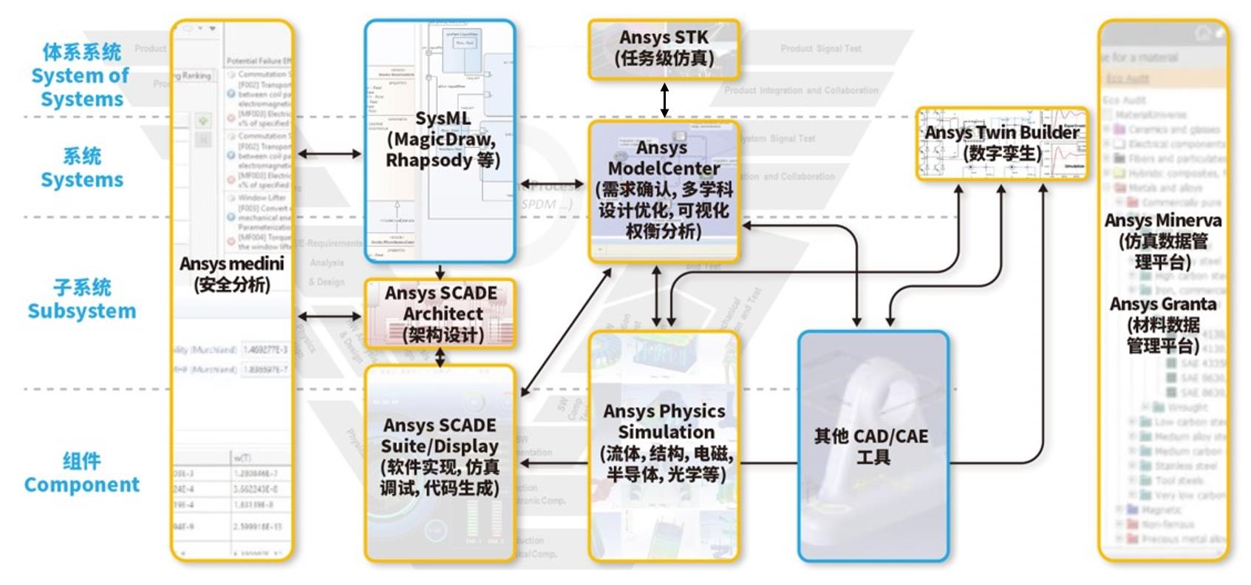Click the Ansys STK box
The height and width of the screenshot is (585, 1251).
[x=664, y=49]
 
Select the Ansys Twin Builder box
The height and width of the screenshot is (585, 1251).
[x=1001, y=143]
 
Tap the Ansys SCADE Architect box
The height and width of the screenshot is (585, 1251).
[x=440, y=314]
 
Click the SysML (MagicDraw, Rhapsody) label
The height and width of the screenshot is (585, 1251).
[x=442, y=140]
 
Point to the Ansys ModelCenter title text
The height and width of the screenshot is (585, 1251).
[x=663, y=158]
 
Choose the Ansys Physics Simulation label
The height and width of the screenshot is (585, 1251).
[x=664, y=422]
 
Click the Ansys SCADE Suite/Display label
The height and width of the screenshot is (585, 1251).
[x=440, y=436]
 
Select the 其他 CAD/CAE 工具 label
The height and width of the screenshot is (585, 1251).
[x=872, y=446]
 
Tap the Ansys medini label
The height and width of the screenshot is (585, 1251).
[x=231, y=264]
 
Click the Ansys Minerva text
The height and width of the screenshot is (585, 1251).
[x=1162, y=220]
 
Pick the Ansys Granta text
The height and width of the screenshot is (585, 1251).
[x=1162, y=304]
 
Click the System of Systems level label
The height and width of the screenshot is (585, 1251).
[x=81, y=87]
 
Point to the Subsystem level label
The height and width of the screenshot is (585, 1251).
[x=81, y=311]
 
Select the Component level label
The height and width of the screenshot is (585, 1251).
[x=81, y=484]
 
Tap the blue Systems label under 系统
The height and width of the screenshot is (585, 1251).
[x=81, y=180]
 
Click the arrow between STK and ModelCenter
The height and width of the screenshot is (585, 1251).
[x=664, y=100]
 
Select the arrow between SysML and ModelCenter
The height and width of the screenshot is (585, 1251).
[x=552, y=183]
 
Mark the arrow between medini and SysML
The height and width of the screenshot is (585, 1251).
[x=329, y=154]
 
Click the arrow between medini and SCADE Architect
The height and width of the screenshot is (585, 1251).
[x=329, y=317]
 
